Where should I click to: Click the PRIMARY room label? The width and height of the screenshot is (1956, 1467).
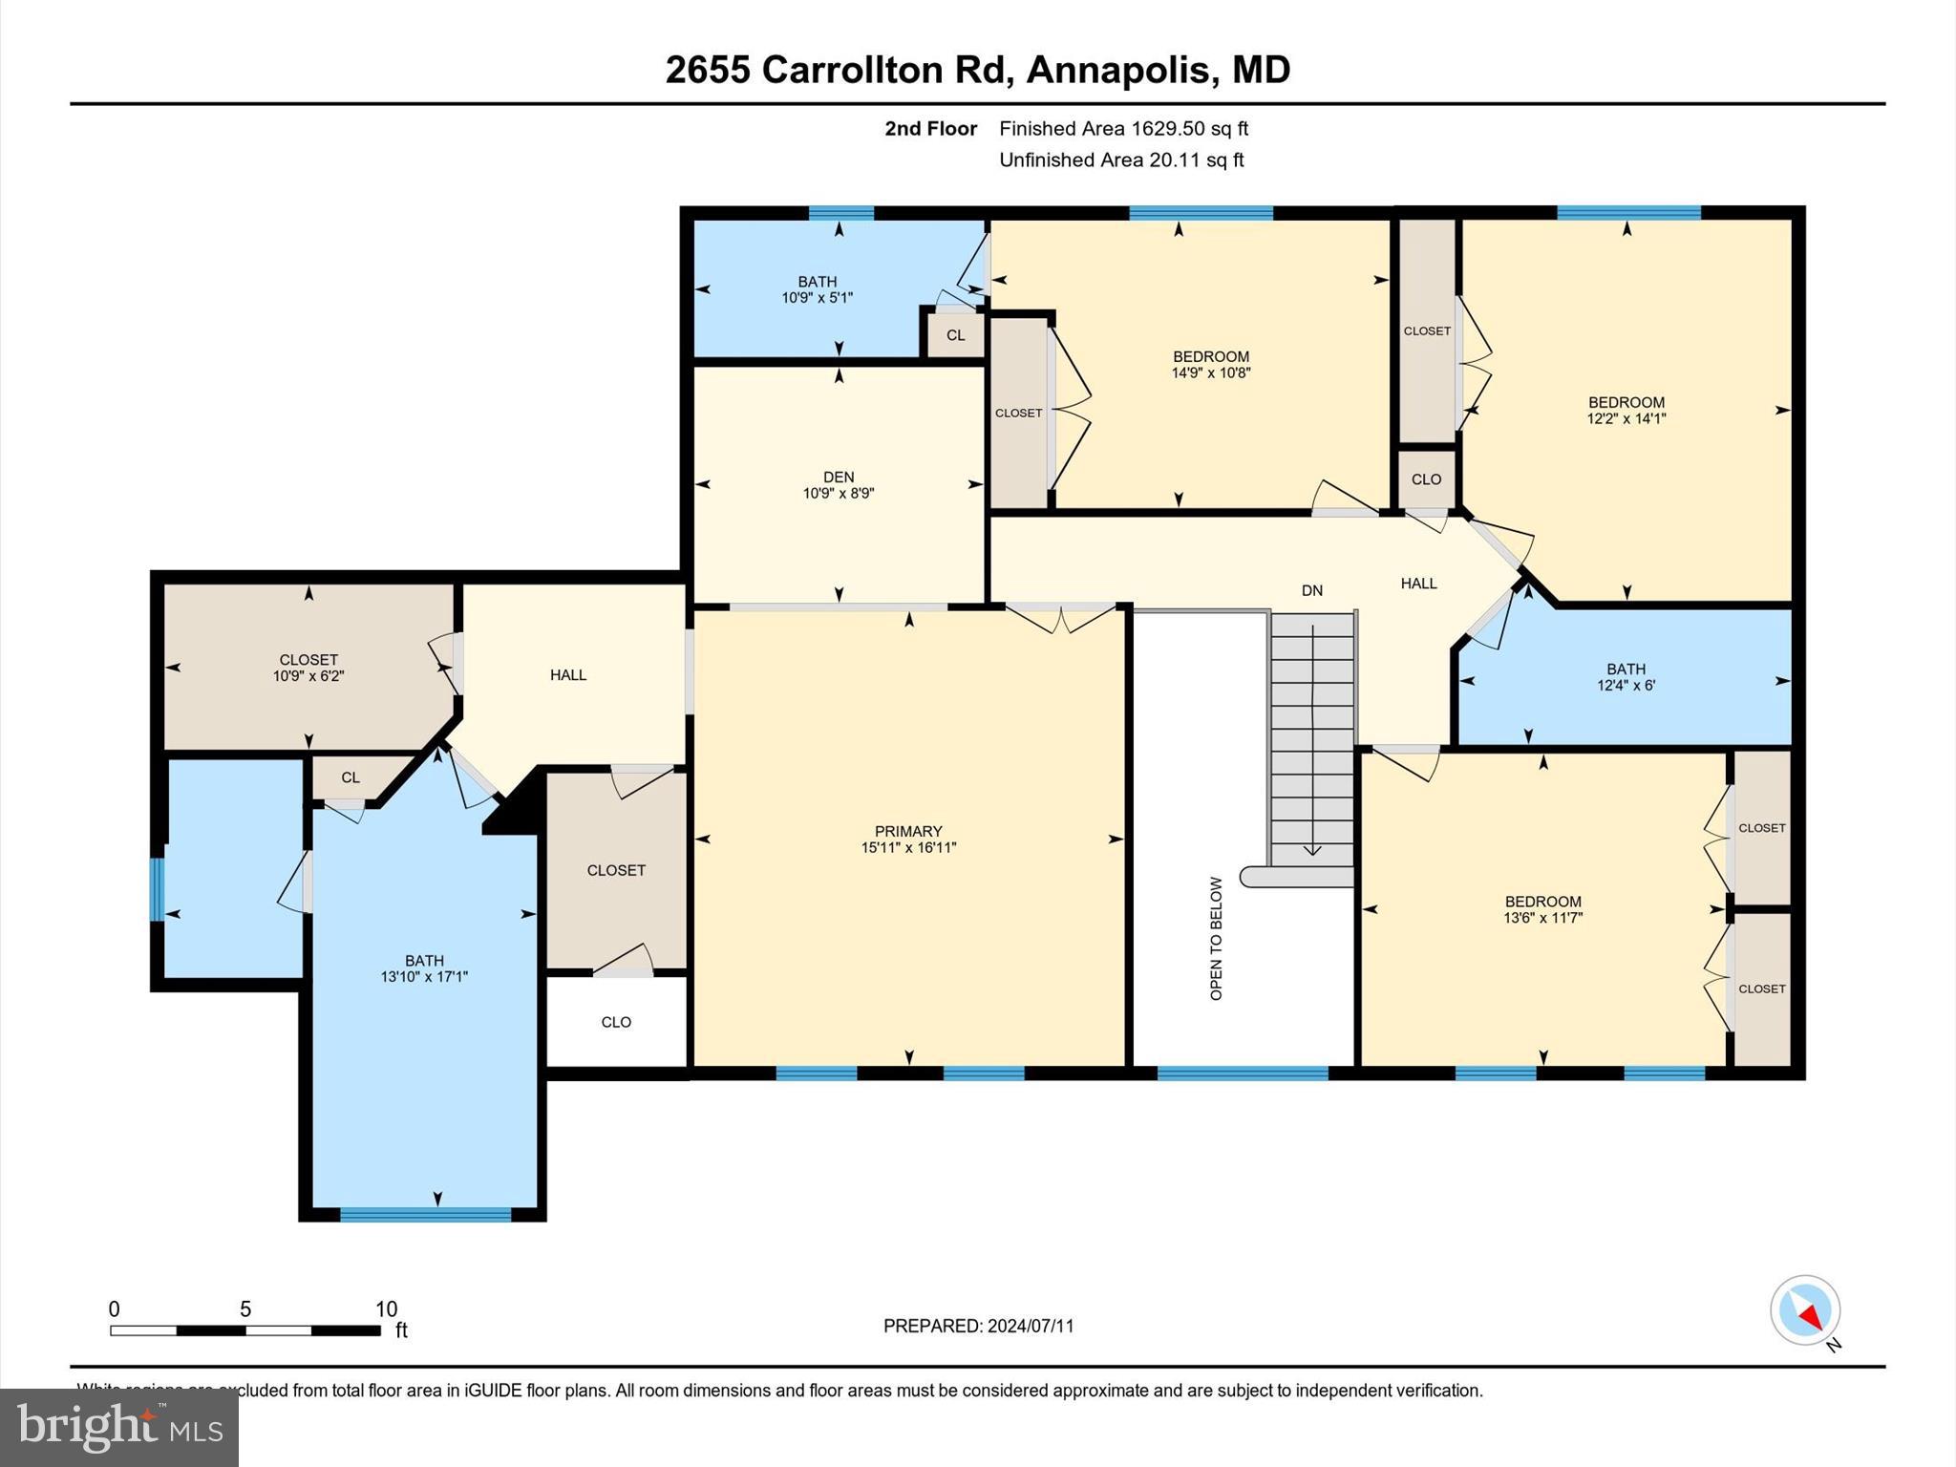click(907, 832)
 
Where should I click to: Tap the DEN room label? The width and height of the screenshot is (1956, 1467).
click(839, 478)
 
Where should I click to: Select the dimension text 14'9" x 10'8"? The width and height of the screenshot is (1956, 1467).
click(1211, 373)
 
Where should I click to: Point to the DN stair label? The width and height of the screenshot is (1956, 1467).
click(1312, 590)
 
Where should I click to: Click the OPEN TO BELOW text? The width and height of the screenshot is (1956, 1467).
click(1216, 938)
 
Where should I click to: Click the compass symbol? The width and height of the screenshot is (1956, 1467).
click(1804, 1310)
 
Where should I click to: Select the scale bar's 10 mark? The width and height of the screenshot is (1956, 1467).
click(385, 1309)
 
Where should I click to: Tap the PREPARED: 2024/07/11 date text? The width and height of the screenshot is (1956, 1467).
click(978, 1326)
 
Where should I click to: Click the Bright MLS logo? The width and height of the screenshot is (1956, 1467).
click(119, 1427)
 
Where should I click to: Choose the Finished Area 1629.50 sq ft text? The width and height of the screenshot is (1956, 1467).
click(1123, 129)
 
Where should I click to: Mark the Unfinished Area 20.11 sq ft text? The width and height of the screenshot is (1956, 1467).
click(1121, 160)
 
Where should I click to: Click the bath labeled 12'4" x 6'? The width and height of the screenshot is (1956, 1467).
click(1626, 677)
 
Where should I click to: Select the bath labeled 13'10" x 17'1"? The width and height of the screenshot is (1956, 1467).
click(424, 968)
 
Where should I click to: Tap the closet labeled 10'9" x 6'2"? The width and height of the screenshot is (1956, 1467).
click(308, 668)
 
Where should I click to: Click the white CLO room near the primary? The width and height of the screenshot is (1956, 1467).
click(616, 1022)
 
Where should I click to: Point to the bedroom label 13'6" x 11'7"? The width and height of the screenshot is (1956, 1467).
click(1542, 909)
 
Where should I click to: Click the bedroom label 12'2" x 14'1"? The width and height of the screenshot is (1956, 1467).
click(1626, 410)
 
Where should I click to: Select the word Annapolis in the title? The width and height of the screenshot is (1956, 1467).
click(1120, 70)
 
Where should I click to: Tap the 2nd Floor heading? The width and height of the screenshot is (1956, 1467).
click(930, 129)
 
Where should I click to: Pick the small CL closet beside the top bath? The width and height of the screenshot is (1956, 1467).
click(955, 335)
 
